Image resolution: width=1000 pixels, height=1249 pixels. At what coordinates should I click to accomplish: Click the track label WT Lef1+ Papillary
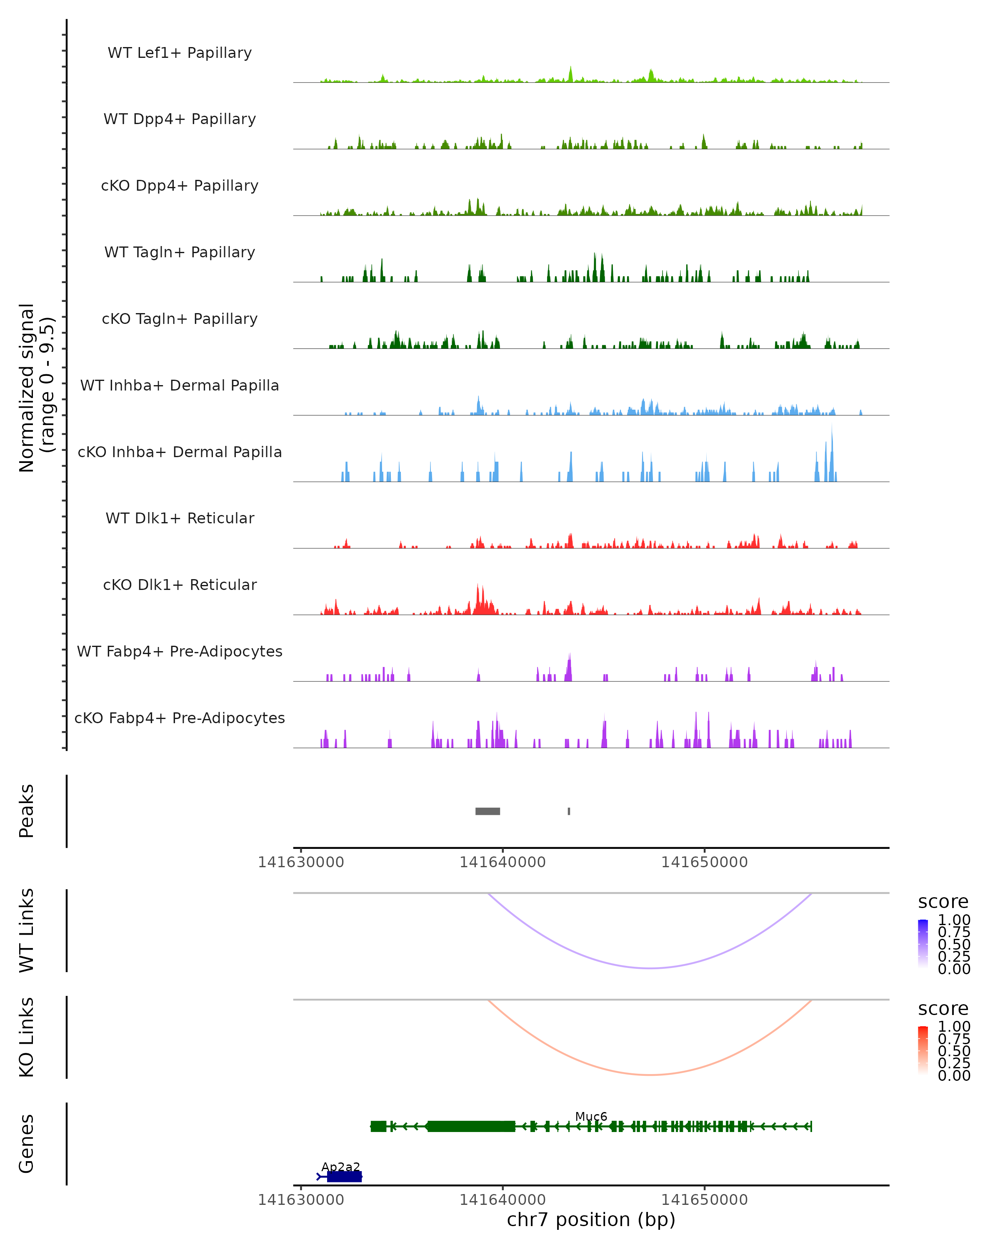click(x=180, y=53)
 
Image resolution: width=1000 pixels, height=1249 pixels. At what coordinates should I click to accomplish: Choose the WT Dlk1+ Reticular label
click(x=180, y=518)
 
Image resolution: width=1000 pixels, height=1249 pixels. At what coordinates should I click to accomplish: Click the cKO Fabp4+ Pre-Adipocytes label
click(x=180, y=718)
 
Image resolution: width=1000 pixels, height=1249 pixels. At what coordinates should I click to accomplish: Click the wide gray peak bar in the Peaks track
click(x=487, y=811)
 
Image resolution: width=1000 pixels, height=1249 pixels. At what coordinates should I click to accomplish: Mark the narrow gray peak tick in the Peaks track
click(x=569, y=811)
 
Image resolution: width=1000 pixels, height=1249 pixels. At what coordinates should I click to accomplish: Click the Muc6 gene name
click(x=591, y=1116)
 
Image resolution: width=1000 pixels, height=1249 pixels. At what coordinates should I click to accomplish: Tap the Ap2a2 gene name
click(x=341, y=1167)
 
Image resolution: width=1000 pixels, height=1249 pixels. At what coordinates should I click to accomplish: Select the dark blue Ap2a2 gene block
click(x=344, y=1177)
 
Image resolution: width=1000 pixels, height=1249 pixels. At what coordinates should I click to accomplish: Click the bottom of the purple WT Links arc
click(x=650, y=968)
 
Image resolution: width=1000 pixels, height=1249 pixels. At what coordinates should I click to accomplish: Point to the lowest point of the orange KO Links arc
click(x=650, y=1075)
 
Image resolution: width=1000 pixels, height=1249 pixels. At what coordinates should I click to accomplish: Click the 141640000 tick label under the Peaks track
click(x=502, y=862)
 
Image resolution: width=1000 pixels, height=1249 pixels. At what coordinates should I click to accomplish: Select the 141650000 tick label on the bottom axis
click(x=704, y=1200)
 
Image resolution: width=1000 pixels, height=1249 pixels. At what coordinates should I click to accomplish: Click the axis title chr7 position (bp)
click(x=591, y=1220)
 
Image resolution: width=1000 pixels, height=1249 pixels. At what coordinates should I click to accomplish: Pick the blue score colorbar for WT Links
click(x=923, y=943)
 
